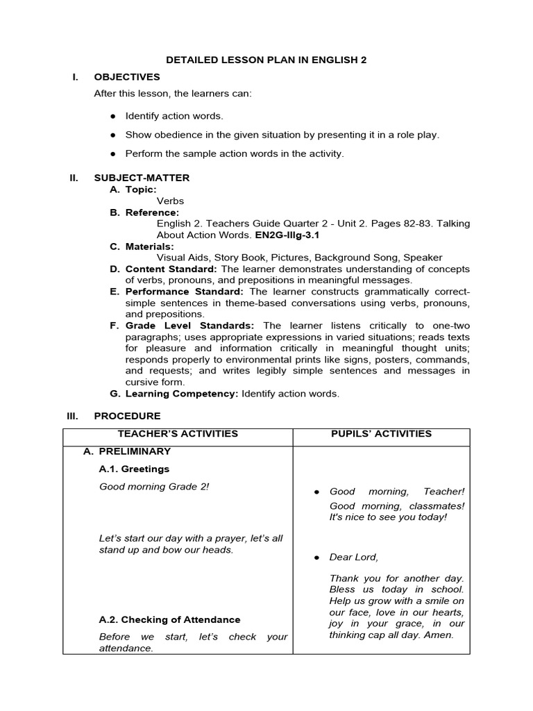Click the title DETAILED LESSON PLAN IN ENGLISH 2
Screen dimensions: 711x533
(x=266, y=60)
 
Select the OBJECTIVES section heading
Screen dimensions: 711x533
(x=127, y=77)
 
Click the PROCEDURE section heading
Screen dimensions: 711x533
(x=127, y=416)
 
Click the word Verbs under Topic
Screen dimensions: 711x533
(x=170, y=201)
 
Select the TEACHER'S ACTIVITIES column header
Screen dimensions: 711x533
(x=178, y=434)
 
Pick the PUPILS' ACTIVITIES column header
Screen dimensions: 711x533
(x=381, y=434)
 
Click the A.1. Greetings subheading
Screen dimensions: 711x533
(x=134, y=469)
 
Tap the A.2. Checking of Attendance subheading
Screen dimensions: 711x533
(x=169, y=619)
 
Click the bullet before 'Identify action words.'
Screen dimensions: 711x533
(x=112, y=116)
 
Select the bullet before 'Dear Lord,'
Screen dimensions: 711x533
(x=316, y=558)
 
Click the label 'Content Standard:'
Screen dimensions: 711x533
(x=164, y=269)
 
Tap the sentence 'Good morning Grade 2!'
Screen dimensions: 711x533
(x=154, y=487)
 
